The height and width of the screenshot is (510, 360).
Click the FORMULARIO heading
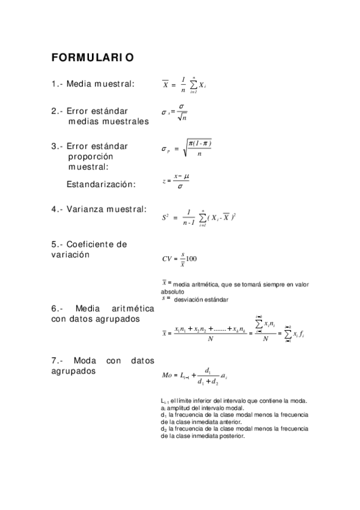(x=93, y=58)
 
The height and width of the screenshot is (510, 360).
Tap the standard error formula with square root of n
(x=175, y=113)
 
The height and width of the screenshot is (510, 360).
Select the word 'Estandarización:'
(x=101, y=184)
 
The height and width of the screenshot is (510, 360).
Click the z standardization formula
(x=174, y=180)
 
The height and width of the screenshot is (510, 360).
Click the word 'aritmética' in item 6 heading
(x=130, y=308)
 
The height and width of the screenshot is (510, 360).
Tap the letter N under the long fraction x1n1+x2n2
(x=210, y=339)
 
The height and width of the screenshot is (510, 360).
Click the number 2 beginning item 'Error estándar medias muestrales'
(x=54, y=111)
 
